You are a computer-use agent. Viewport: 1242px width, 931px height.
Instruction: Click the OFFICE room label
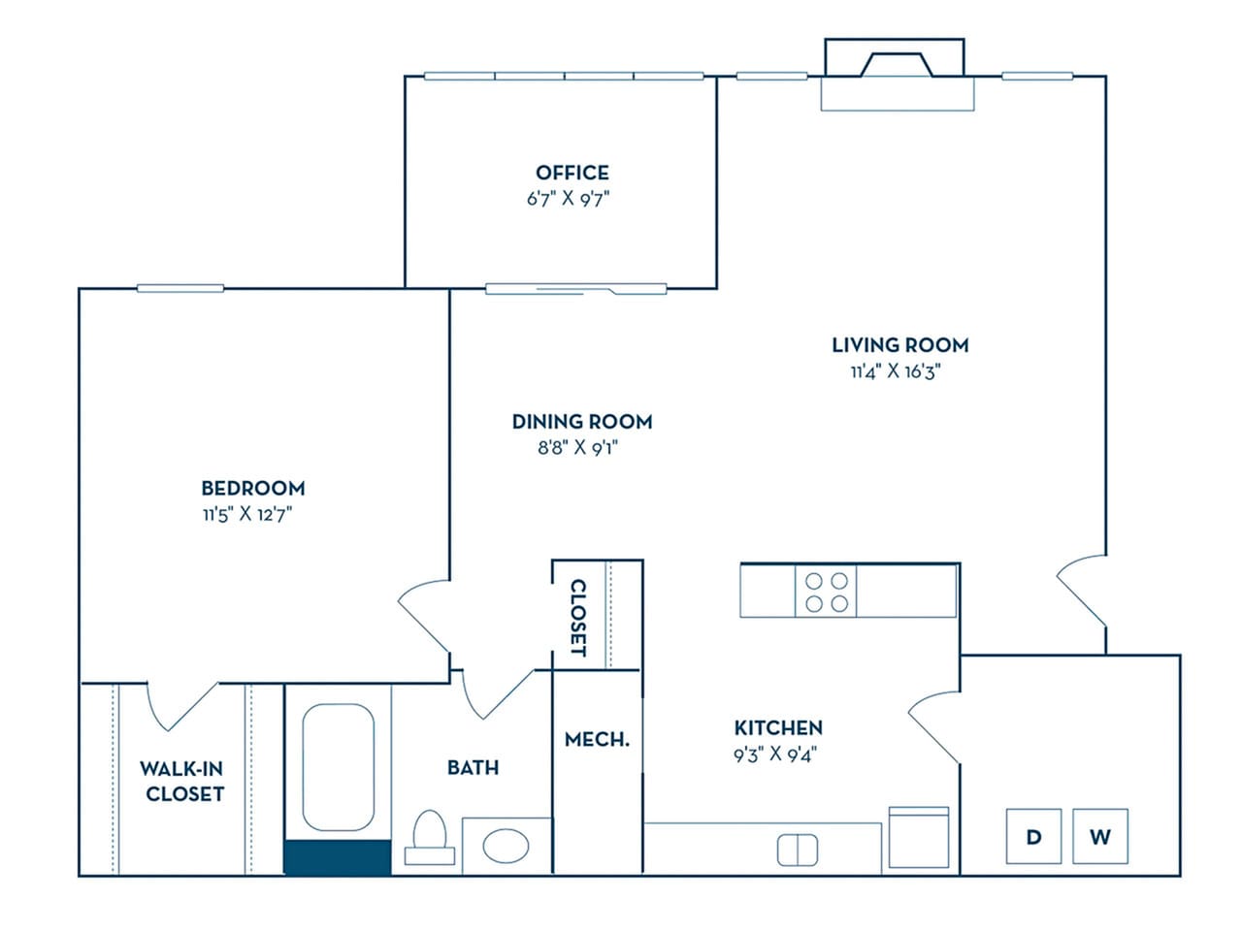tap(572, 173)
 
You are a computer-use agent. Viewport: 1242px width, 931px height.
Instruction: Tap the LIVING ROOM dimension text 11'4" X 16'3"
tap(896, 371)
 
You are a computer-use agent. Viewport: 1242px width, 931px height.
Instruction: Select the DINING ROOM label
tap(582, 421)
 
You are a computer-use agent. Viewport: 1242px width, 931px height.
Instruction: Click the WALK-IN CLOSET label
tap(183, 781)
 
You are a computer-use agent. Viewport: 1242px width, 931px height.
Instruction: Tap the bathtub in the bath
tap(338, 767)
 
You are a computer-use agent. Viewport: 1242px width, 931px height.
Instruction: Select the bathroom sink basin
tap(506, 846)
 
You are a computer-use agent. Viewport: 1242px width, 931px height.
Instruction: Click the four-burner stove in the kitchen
tap(826, 593)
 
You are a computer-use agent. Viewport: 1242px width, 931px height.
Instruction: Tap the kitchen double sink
tap(798, 851)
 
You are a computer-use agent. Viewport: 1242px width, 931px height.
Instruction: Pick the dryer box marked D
tap(1033, 836)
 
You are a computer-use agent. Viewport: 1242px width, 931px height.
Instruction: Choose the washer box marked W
tap(1099, 836)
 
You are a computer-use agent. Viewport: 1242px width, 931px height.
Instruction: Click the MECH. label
tap(597, 739)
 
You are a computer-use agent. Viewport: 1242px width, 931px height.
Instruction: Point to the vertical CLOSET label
tap(577, 618)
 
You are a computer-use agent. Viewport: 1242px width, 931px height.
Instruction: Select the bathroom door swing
tap(495, 692)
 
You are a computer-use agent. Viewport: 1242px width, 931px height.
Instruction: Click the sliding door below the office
tap(575, 288)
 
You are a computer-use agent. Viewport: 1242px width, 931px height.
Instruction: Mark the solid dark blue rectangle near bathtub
tap(337, 858)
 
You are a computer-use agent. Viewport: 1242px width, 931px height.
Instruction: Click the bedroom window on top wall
tap(180, 288)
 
